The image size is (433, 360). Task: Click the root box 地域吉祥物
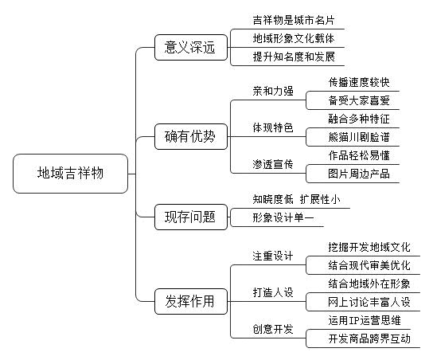[70, 174]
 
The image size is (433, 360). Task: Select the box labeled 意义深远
[191, 47]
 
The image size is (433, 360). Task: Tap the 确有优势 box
[191, 136]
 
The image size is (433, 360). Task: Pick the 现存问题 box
[191, 217]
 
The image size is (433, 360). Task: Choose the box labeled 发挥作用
[191, 301]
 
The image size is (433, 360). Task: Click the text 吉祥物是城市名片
[294, 20]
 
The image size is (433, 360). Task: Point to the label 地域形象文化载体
[294, 38]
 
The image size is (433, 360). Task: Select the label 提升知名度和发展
[294, 57]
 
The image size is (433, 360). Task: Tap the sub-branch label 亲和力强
[273, 91]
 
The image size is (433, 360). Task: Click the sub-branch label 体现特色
[273, 127]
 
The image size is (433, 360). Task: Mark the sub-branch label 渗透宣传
[273, 164]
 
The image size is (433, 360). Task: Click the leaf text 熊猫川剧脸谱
[359, 137]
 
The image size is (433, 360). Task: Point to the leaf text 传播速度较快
[359, 82]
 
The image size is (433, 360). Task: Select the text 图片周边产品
[359, 174]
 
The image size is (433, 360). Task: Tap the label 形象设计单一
[283, 217]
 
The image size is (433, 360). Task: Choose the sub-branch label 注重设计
[273, 256]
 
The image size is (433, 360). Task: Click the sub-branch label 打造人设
[273, 292]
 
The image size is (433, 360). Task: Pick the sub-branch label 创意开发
[273, 329]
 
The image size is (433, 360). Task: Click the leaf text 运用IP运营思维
[365, 320]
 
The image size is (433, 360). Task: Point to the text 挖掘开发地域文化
[369, 247]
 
